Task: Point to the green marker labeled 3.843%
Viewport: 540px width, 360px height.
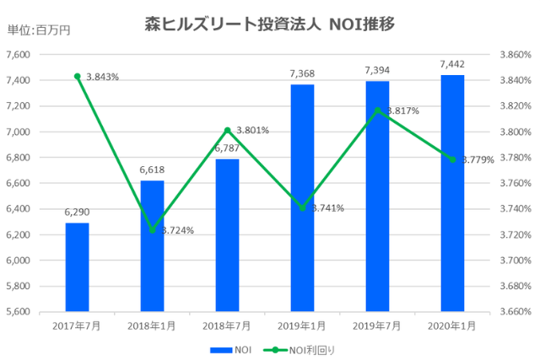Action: click(x=77, y=77)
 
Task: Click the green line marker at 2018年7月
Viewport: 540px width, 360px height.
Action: click(x=227, y=130)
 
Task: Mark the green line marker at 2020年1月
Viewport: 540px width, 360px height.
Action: click(x=452, y=159)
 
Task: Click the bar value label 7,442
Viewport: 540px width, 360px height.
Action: click(x=452, y=64)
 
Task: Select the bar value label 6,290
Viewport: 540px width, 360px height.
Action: click(x=77, y=212)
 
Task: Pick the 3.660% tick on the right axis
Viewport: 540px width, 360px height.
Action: click(x=515, y=312)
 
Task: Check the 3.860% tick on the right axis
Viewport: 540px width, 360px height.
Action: click(x=515, y=55)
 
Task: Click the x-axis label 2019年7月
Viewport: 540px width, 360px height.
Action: click(x=377, y=326)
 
